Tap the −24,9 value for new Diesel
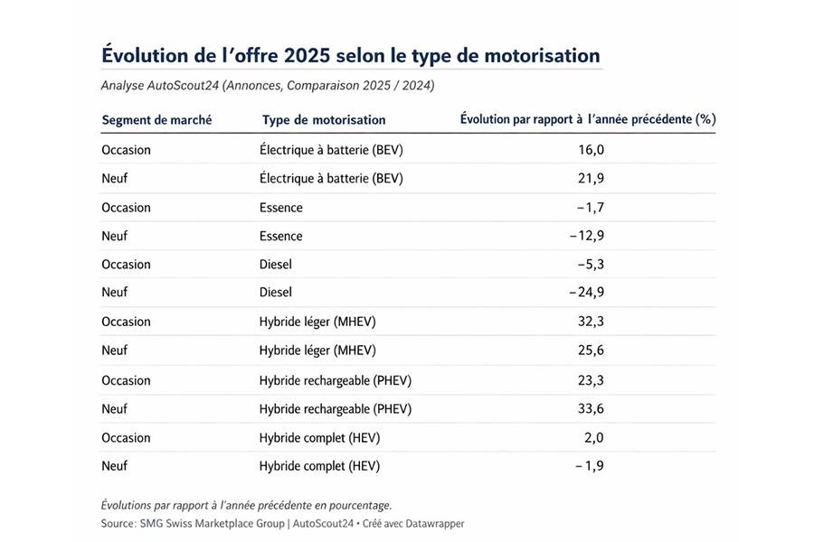tap(586, 294)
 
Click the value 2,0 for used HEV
tap(593, 438)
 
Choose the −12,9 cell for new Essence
tap(586, 237)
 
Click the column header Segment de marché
tap(156, 120)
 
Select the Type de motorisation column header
tap(324, 120)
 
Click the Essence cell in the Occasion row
tap(281, 208)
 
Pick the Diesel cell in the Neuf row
tap(276, 294)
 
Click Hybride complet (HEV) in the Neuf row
tap(319, 467)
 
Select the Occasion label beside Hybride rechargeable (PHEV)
tap(127, 380)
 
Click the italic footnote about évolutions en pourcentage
tap(246, 505)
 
